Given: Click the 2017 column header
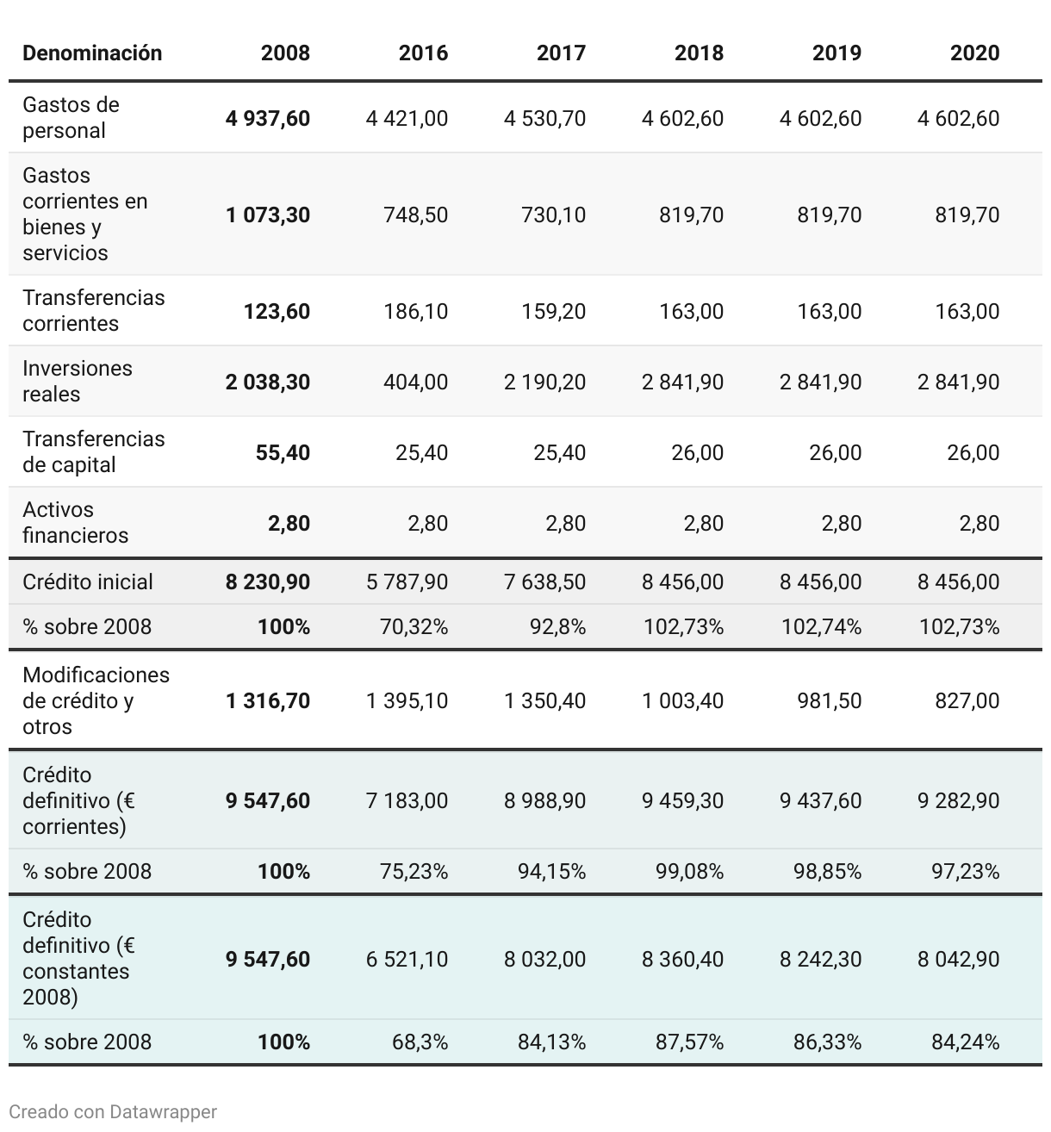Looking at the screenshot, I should tap(560, 53).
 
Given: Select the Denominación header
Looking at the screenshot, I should tap(92, 53).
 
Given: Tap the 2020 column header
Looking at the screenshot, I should tap(974, 53).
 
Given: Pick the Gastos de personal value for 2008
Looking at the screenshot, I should tap(268, 118).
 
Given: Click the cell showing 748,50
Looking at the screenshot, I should tap(415, 215).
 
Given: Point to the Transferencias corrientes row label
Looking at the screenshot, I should tap(93, 310).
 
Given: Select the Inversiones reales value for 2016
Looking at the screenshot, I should tap(415, 382).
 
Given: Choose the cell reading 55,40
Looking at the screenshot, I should tap(283, 452).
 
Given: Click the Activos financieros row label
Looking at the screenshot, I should tap(75, 522).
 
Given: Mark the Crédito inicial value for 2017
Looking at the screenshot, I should tap(544, 582).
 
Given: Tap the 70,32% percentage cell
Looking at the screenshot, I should tap(414, 626).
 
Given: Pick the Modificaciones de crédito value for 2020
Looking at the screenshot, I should tap(967, 700).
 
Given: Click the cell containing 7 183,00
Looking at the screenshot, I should tap(407, 800).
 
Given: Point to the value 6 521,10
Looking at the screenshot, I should tap(407, 959).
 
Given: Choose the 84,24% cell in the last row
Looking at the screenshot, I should tap(965, 1042).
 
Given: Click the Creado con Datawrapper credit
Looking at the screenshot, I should tap(113, 1111).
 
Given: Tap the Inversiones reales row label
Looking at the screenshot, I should tap(78, 381).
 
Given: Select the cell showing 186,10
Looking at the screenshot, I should tap(415, 311).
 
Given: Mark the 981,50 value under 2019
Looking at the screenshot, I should tap(829, 700).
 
